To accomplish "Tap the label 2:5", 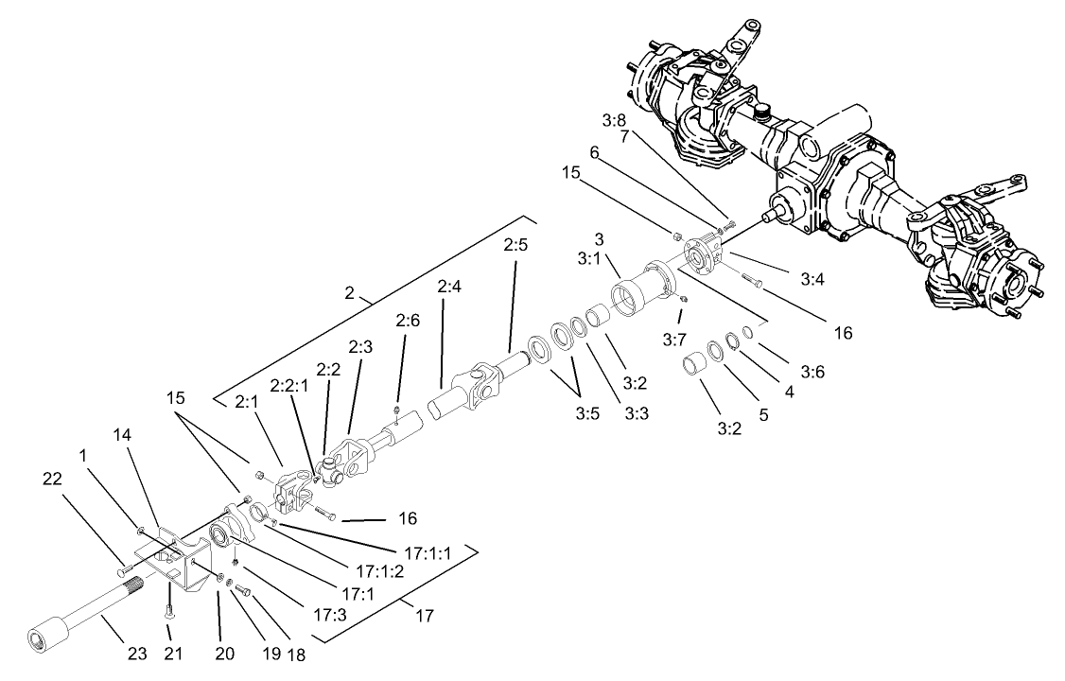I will [515, 245].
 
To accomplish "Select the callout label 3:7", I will [673, 339].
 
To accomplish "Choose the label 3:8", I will [614, 120].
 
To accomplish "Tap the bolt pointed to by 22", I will [126, 572].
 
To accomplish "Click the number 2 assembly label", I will [349, 293].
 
